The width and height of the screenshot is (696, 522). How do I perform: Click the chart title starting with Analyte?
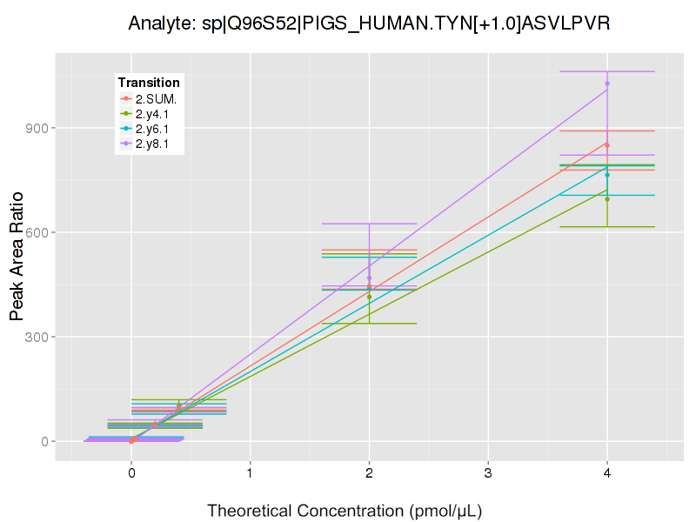point(369,23)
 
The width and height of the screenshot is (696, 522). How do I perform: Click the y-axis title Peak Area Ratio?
point(17,270)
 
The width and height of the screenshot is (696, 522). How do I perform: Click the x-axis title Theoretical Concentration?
point(345,511)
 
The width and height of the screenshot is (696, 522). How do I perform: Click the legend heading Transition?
point(149,83)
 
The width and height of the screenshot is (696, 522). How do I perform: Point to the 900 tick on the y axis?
point(39,128)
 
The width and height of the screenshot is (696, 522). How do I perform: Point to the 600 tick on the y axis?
point(39,232)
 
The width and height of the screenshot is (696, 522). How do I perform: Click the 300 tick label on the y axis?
point(39,337)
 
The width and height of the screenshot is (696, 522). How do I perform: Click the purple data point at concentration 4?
point(607,84)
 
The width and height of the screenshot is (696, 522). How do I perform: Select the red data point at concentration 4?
point(607,144)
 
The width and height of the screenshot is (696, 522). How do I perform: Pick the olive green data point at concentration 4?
point(607,199)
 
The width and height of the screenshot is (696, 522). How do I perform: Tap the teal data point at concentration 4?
point(607,175)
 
